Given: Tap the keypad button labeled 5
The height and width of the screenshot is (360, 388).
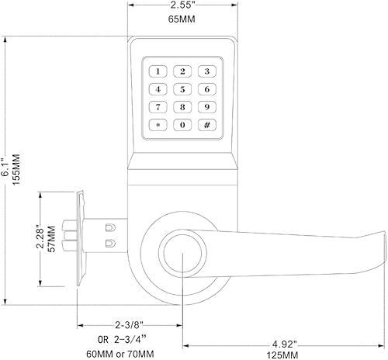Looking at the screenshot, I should [182, 89].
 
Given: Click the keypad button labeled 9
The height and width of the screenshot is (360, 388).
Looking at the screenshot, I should [206, 107].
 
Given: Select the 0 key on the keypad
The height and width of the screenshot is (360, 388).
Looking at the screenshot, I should [182, 125].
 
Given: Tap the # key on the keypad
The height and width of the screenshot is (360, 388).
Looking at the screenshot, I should [206, 125].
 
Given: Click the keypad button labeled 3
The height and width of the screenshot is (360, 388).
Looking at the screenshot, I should [206, 71].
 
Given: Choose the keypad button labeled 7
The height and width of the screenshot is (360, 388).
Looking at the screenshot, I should [158, 107].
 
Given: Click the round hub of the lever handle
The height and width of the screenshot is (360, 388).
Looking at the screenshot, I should [182, 253].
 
